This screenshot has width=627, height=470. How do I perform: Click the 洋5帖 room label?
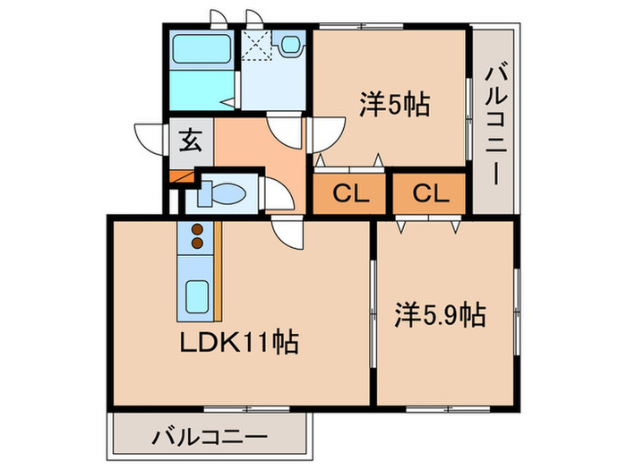pyautogui.click(x=395, y=106)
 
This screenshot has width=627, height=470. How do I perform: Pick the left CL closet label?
pyautogui.click(x=348, y=192)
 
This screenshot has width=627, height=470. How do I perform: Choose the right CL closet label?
pyautogui.click(x=430, y=192)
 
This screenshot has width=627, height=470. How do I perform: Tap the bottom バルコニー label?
pyautogui.click(x=209, y=438)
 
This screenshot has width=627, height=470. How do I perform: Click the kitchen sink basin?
pyautogui.click(x=196, y=295)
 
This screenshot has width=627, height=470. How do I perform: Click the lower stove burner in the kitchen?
pyautogui.click(x=198, y=241)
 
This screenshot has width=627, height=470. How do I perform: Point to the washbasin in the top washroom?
pyautogui.click(x=290, y=44)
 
